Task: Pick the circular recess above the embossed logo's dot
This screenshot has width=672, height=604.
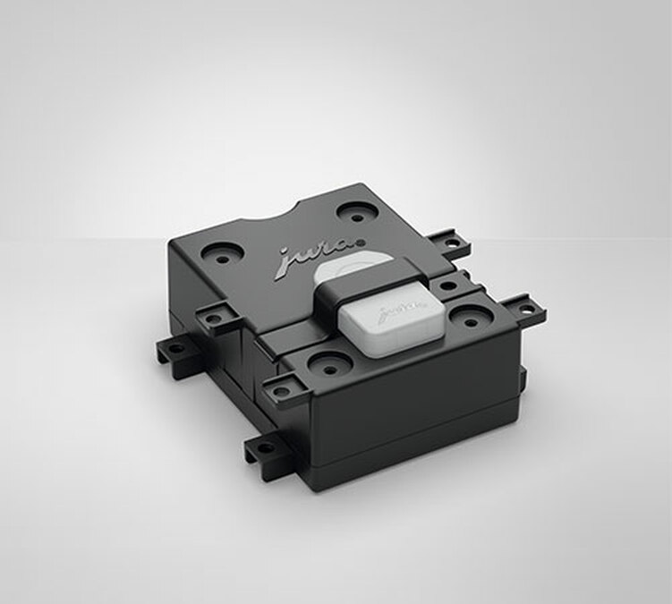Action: click(x=356, y=213)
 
